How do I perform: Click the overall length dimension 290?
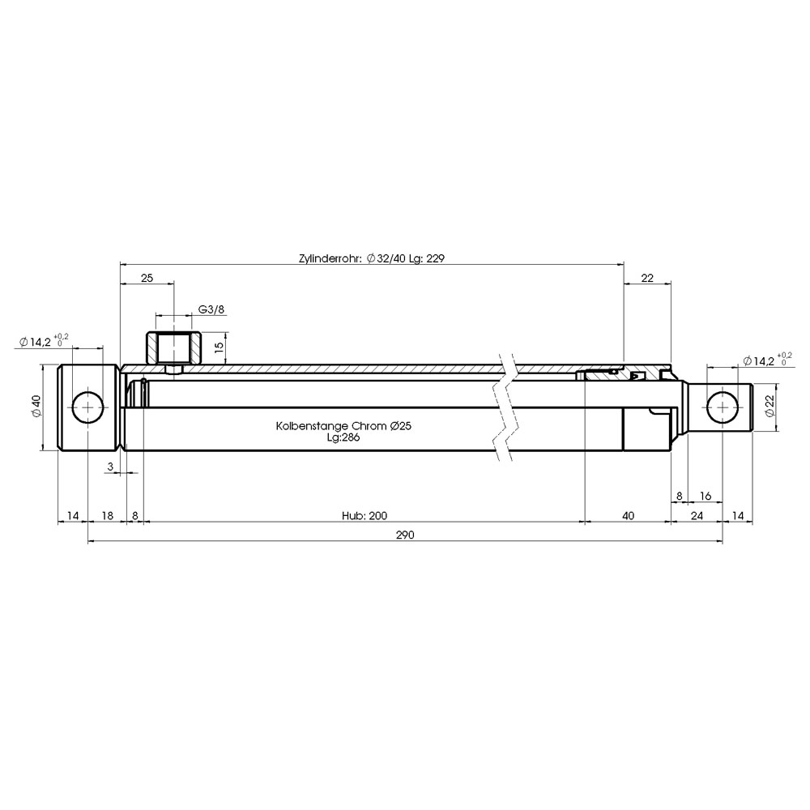point(405,535)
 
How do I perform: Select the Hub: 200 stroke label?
point(364,515)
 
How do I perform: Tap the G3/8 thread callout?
point(211,310)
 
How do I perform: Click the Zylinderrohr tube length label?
point(372,258)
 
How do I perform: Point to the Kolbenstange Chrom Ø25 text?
point(343,426)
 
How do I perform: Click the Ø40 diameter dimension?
point(36,407)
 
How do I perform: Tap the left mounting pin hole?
point(87,407)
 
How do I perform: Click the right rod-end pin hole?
point(723,407)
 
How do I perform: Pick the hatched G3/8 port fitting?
point(173,347)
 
